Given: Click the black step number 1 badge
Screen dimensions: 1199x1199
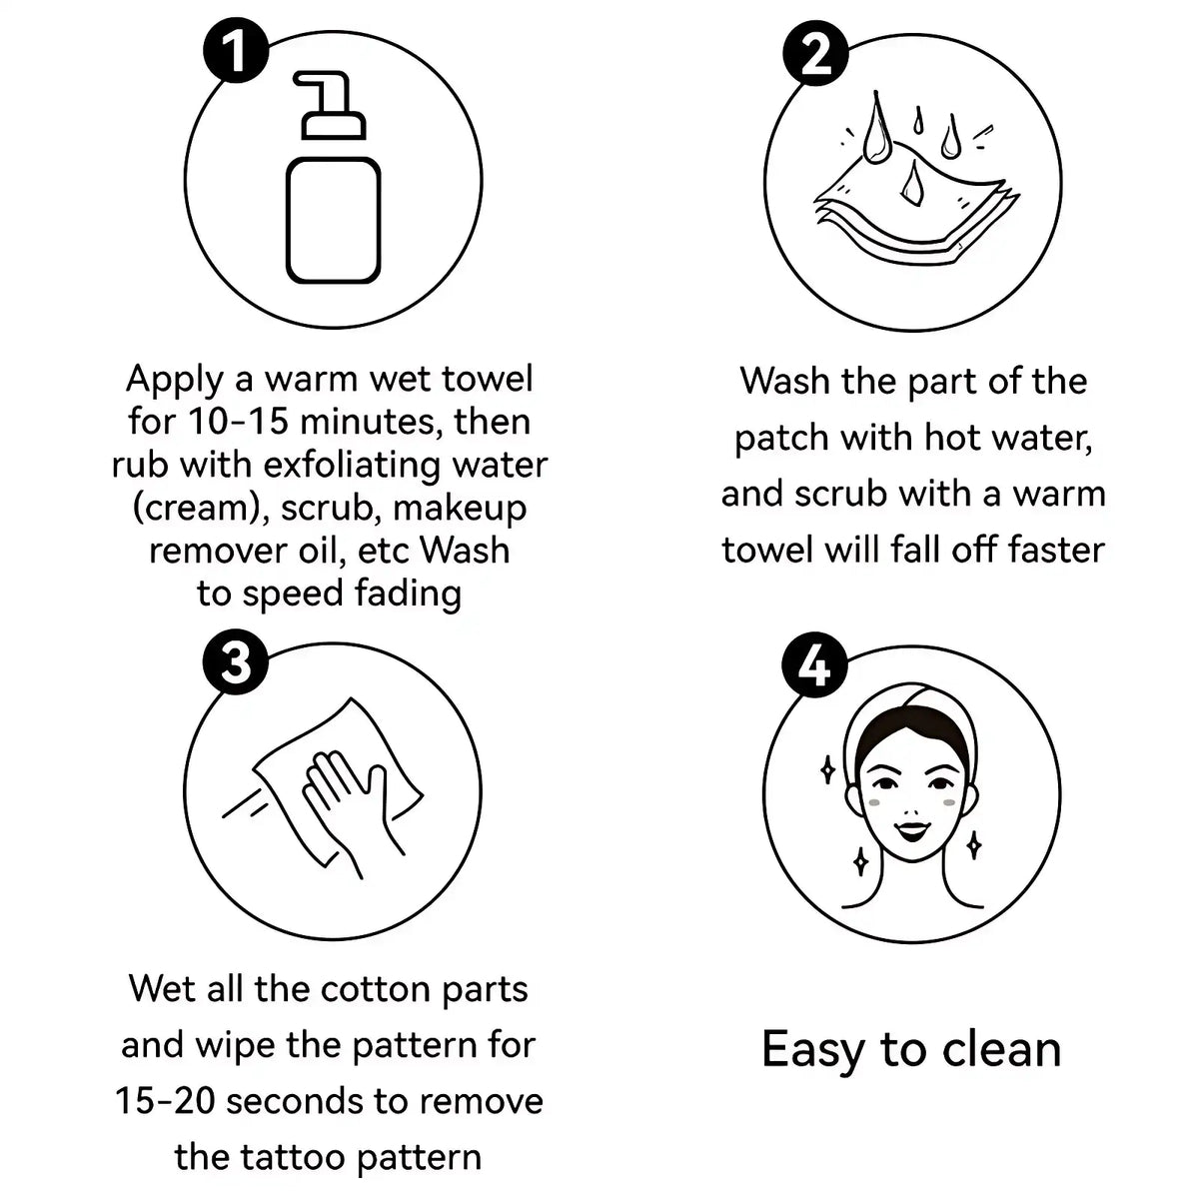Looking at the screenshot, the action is click(236, 50).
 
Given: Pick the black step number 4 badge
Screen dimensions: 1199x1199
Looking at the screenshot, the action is click(814, 666).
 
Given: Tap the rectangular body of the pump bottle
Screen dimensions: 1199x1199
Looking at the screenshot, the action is click(334, 221).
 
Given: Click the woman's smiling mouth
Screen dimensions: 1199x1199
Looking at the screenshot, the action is click(910, 830).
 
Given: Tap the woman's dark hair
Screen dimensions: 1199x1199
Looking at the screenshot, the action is click(911, 734).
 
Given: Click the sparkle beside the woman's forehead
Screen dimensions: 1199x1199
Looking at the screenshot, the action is click(827, 771).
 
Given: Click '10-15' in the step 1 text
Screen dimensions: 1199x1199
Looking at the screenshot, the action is click(238, 422).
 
